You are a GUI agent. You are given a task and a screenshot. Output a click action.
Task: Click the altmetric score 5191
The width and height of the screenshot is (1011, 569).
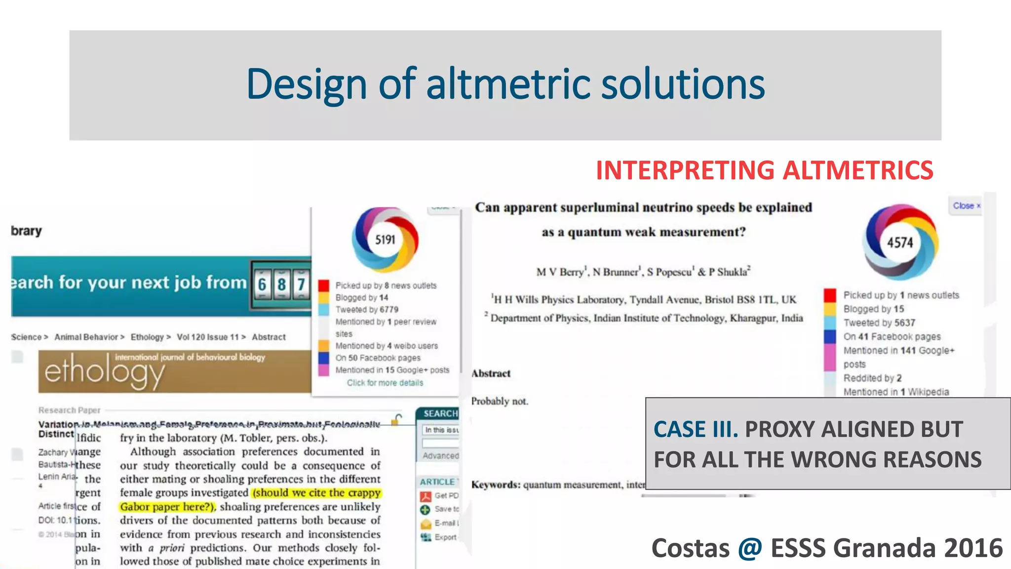point(385,240)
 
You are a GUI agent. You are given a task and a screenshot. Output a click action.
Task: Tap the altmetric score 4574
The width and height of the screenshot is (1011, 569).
point(900,243)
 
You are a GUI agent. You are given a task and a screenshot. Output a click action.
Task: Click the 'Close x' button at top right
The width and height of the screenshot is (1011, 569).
point(966,205)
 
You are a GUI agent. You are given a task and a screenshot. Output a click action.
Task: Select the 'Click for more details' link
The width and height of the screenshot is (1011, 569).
point(385,383)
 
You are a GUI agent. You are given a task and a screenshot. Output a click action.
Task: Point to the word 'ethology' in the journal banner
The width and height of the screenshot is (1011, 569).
point(104,372)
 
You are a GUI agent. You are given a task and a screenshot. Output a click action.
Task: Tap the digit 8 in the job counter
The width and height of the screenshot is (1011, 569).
point(281,284)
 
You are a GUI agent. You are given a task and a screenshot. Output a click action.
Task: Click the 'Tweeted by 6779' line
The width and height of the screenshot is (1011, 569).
point(367,310)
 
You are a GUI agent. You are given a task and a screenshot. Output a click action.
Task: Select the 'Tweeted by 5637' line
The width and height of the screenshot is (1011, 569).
point(879,323)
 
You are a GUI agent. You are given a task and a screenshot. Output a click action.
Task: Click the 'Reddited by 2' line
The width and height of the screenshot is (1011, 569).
point(872,378)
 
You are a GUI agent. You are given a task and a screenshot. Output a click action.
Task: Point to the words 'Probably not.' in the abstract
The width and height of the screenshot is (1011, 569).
point(500,401)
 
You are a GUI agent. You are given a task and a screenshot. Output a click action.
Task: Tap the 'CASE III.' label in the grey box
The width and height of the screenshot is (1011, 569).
point(696,429)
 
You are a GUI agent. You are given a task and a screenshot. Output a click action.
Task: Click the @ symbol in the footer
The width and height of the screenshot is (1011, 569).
point(750,548)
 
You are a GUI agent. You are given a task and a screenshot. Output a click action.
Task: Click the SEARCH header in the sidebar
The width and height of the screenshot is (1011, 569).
point(440,413)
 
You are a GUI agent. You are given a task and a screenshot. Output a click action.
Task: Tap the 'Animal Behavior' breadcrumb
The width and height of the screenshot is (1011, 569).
point(86,337)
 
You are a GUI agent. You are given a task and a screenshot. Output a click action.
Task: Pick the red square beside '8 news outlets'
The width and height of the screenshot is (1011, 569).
point(324,285)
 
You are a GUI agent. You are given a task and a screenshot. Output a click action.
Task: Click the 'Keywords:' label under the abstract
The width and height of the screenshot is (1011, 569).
point(496,485)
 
